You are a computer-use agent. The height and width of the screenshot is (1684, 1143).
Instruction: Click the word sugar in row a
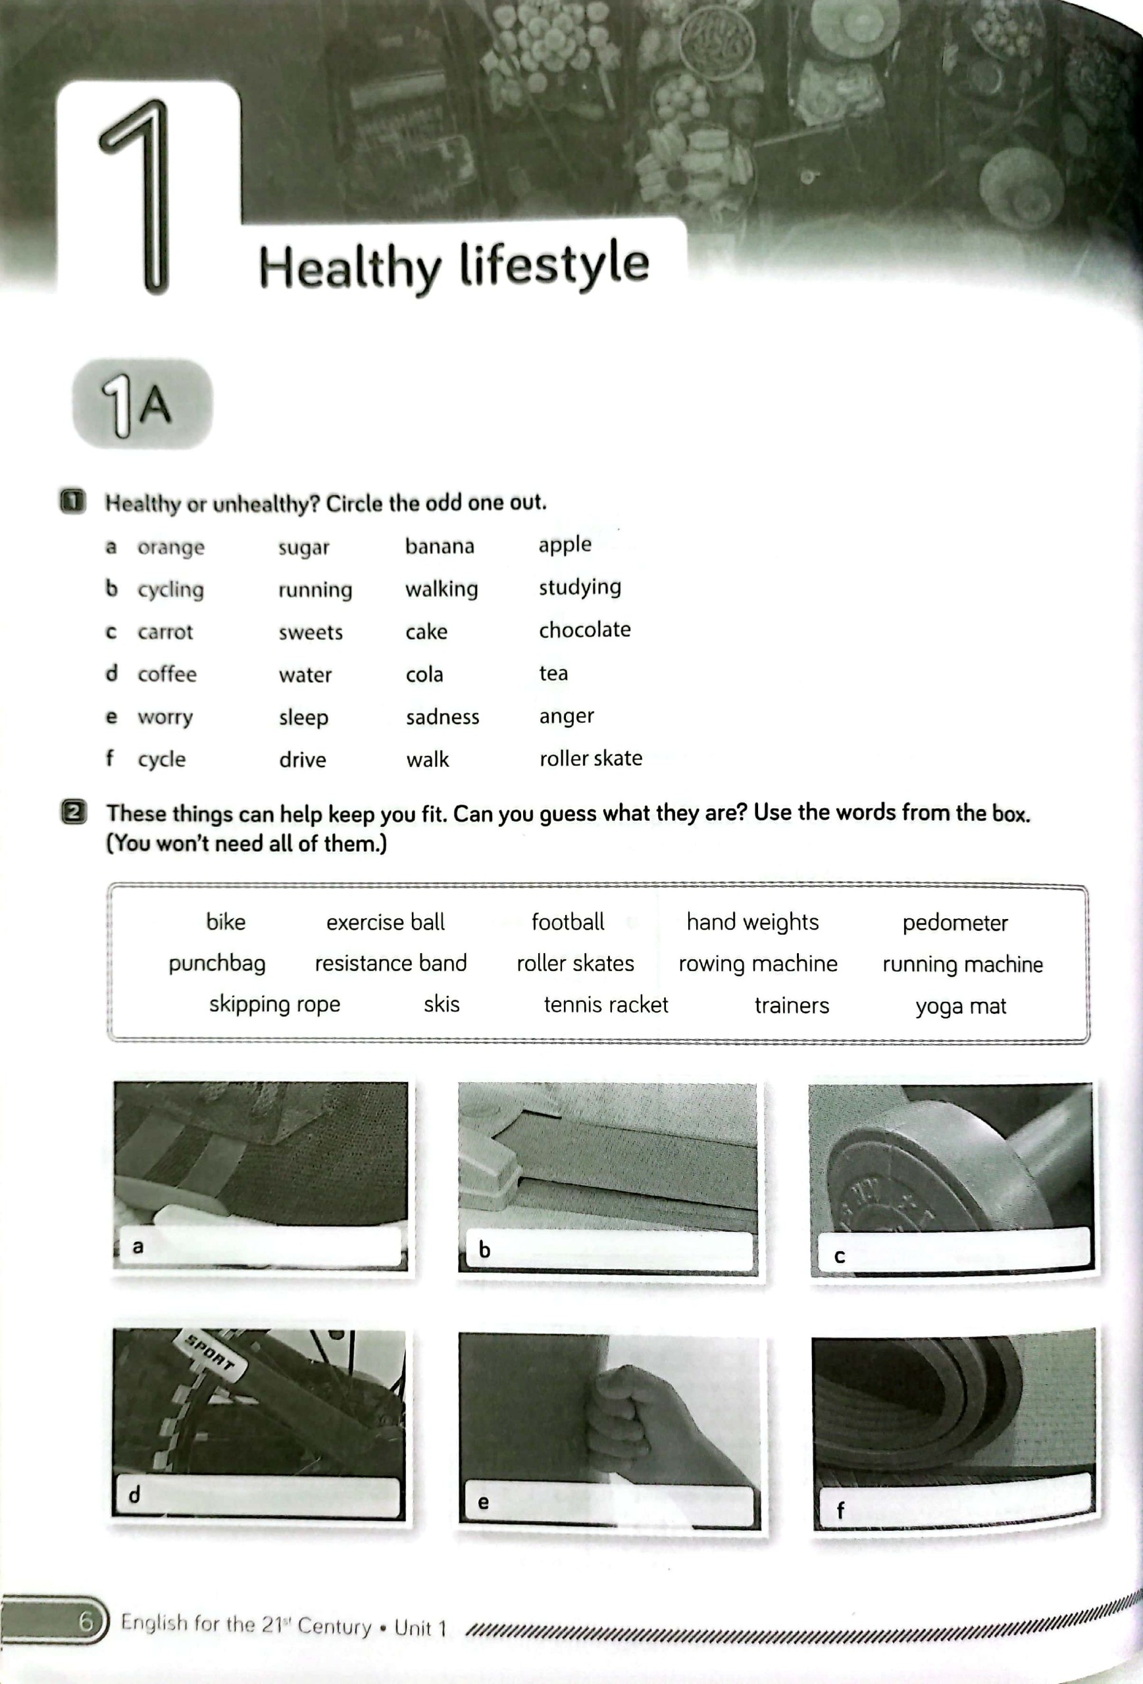pyautogui.click(x=304, y=547)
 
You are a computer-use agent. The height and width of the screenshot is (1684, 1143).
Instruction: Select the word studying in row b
pyautogui.click(x=580, y=587)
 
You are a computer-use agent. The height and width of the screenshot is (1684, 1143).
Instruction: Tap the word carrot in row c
pyautogui.click(x=165, y=632)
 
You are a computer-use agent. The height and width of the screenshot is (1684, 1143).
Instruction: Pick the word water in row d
pyautogui.click(x=305, y=675)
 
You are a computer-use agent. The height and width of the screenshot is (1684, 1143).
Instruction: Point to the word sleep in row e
pyautogui.click(x=304, y=718)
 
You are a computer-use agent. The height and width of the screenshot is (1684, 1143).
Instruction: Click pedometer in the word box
pyautogui.click(x=955, y=923)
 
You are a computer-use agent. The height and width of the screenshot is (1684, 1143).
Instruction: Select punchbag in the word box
pyautogui.click(x=216, y=964)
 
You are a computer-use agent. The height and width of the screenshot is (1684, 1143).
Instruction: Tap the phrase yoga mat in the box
pyautogui.click(x=960, y=1006)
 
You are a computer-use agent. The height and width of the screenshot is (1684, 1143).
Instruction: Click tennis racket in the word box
pyautogui.click(x=606, y=1005)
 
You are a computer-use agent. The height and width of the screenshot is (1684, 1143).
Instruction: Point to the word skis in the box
pyautogui.click(x=442, y=1004)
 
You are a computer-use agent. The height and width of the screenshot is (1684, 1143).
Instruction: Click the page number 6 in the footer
pyautogui.click(x=86, y=1621)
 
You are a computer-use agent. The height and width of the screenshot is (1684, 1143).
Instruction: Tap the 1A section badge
pyautogui.click(x=142, y=404)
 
